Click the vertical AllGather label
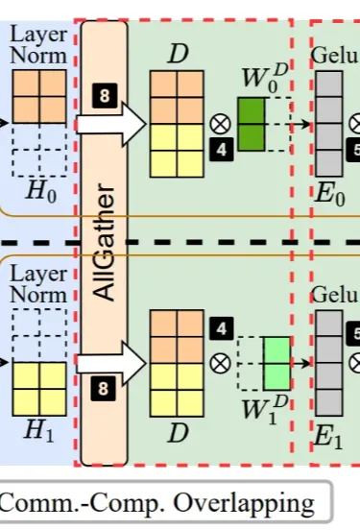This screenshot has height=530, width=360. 104,242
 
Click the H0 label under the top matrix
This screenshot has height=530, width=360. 41,191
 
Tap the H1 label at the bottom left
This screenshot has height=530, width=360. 38,432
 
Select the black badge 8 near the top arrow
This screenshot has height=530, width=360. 105,95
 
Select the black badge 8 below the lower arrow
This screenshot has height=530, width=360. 104,389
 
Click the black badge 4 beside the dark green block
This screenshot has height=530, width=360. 222,149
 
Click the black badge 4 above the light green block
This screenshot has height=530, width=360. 222,328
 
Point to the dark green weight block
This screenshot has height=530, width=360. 252,124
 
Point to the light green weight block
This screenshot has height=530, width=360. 276,363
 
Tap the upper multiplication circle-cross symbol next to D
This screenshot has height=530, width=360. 221,124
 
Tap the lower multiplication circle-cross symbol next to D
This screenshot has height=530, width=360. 221,363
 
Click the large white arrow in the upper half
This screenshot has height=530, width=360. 110,125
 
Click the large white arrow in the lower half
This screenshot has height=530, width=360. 110,364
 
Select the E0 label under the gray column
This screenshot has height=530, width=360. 329,195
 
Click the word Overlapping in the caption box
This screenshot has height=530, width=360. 244,504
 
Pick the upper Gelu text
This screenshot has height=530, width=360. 335,55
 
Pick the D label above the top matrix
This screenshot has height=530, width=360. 178,54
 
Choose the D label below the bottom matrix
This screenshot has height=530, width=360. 178,433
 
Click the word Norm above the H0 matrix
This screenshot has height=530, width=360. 38,56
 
